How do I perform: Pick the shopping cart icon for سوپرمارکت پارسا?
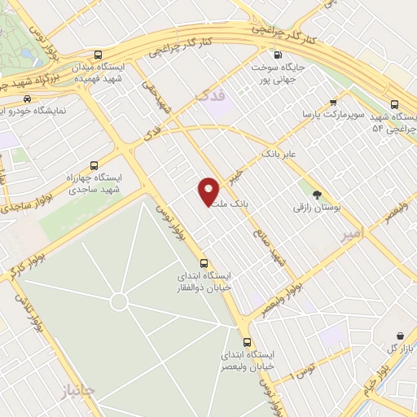tap(332, 103)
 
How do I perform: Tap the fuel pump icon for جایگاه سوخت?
tap(279, 55)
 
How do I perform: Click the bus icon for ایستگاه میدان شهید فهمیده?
tap(99, 49)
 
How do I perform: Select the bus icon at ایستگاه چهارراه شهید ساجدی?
tap(94, 163)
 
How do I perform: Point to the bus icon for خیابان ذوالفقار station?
tap(204, 263)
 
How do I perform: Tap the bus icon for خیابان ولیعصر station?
tap(247, 342)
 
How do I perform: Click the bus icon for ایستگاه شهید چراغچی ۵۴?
tap(394, 104)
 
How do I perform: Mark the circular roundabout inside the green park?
tap(119, 302)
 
